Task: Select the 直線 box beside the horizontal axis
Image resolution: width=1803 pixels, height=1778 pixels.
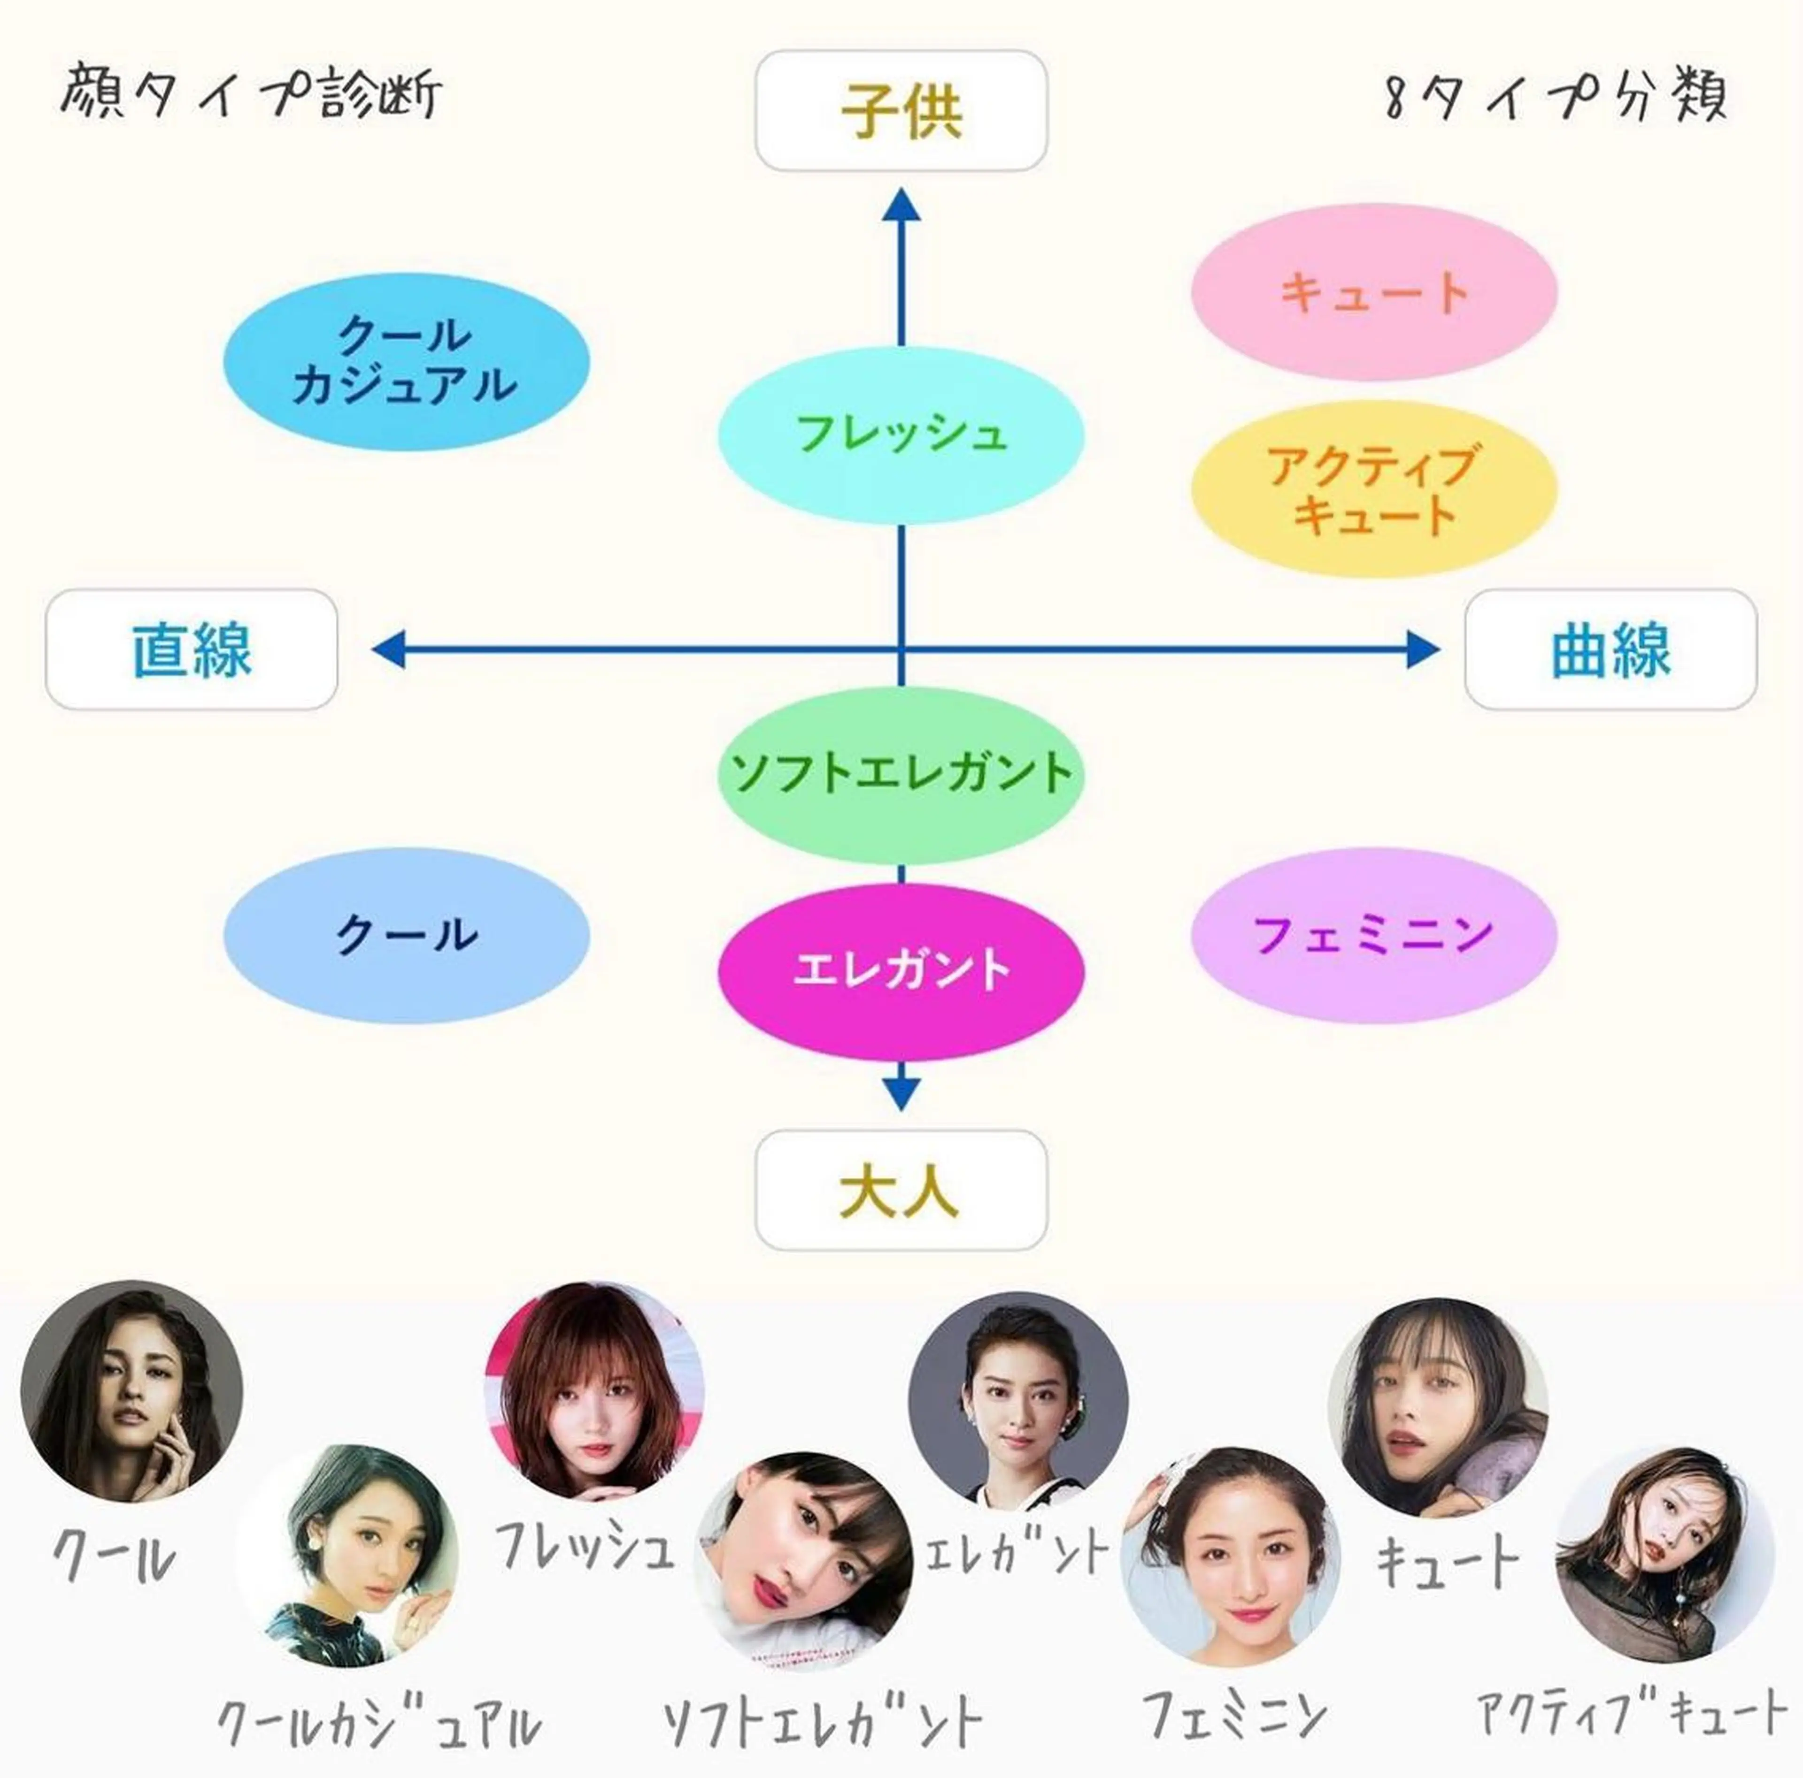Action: pos(191,649)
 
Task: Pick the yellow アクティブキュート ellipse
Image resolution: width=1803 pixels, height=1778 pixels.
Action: pos(1374,489)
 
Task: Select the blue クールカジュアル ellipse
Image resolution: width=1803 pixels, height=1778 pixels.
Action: pos(406,361)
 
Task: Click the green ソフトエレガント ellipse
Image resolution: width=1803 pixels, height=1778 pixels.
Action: pos(901,774)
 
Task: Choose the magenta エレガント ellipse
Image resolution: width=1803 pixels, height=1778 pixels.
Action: pos(901,970)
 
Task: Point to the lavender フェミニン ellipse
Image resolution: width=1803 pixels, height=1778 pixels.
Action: pos(1374,935)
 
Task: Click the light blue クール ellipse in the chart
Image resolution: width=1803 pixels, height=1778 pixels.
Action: pos(406,935)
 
